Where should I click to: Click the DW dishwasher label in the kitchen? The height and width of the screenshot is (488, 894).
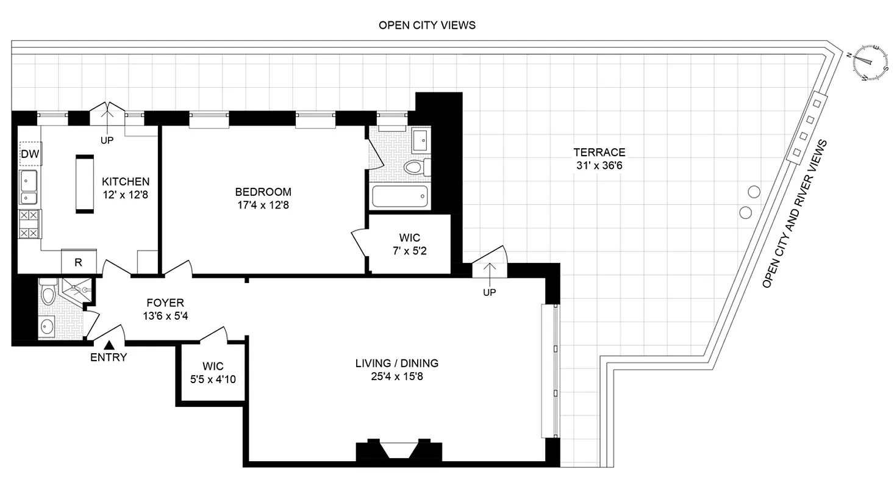[x=30, y=154]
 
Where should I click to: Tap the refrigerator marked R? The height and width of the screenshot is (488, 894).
[x=79, y=262]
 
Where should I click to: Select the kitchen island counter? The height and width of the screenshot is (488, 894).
[x=85, y=184]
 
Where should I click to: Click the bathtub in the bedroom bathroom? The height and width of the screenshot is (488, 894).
[x=399, y=196]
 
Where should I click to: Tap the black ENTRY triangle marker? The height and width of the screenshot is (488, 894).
[x=109, y=346]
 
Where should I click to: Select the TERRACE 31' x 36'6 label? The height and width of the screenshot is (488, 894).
[x=599, y=159]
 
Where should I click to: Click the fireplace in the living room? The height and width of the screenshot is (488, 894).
[x=399, y=451]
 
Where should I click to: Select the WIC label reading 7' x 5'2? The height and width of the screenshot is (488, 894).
[x=409, y=243]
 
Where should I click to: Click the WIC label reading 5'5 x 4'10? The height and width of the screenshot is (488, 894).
[x=213, y=373]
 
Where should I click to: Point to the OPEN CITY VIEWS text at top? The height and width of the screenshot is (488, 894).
[x=427, y=25]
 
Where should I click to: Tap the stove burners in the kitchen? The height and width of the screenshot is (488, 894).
[x=29, y=224]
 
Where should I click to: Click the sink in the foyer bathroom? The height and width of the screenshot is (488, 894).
[x=48, y=328]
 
